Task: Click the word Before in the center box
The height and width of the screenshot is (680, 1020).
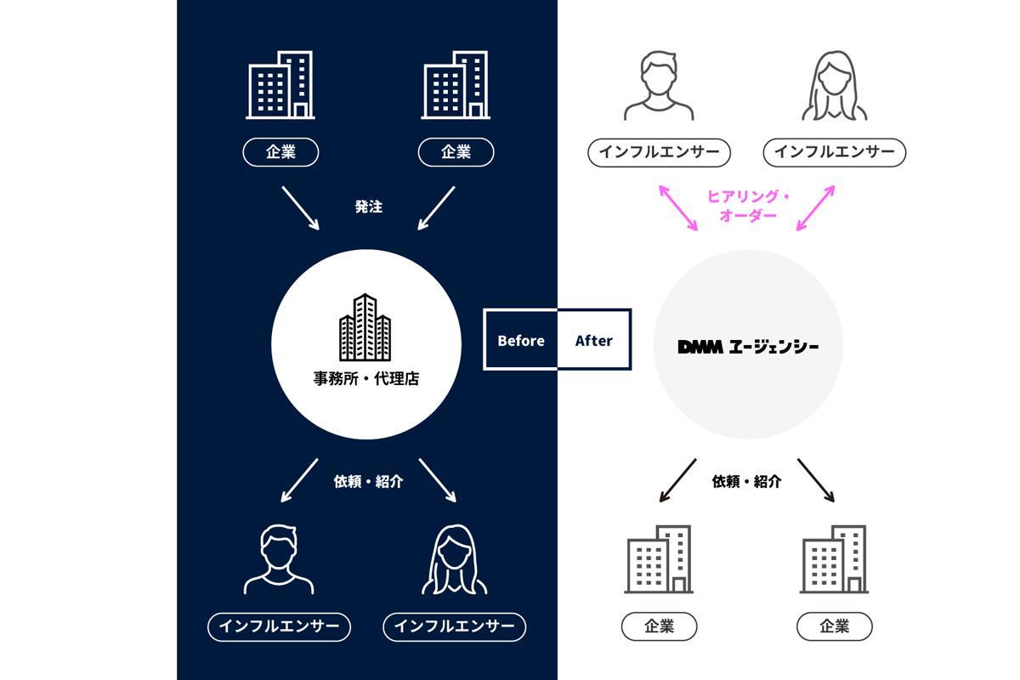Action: [x=520, y=340]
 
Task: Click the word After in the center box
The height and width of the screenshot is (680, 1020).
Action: [x=593, y=340]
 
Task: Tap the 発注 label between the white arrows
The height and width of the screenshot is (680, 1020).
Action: [x=368, y=207]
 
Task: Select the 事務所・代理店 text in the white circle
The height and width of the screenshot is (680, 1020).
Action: [x=365, y=380]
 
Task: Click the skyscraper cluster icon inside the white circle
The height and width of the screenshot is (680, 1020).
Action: [x=365, y=327]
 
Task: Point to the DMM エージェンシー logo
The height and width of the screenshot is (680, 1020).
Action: [x=748, y=346]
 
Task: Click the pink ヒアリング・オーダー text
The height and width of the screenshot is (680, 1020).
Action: [x=748, y=207]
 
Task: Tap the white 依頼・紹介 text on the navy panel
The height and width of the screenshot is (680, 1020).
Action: [x=368, y=481]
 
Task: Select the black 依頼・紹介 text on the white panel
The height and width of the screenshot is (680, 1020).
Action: [x=746, y=481]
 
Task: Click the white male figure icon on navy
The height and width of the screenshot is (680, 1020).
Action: [x=279, y=559]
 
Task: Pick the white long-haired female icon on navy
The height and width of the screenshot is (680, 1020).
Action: [x=455, y=559]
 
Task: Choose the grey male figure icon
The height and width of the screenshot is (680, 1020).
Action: [x=659, y=85]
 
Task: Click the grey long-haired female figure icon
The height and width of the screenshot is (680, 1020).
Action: [x=835, y=85]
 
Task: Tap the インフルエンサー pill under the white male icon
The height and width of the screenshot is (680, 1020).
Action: [x=279, y=626]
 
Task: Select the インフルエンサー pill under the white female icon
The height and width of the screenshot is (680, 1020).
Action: [x=455, y=626]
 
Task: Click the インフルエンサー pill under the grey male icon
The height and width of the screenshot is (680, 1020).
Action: [x=659, y=152]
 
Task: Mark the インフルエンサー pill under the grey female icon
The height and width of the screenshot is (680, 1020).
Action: [x=835, y=152]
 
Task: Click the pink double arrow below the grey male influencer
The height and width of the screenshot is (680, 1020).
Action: [x=677, y=207]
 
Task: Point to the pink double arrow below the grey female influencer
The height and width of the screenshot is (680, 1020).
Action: [x=815, y=207]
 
